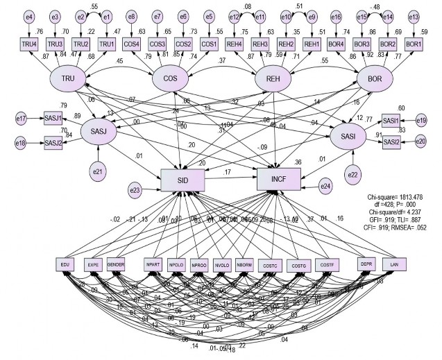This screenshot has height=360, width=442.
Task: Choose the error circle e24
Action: tap(326, 185)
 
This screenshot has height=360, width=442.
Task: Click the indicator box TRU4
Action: tap(30, 44)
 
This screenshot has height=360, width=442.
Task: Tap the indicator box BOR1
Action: tap(414, 44)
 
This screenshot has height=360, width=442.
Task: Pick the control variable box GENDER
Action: tap(116, 264)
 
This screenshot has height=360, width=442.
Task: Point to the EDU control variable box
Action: tap(67, 264)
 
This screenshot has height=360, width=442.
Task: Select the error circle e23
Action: tap(136, 188)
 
